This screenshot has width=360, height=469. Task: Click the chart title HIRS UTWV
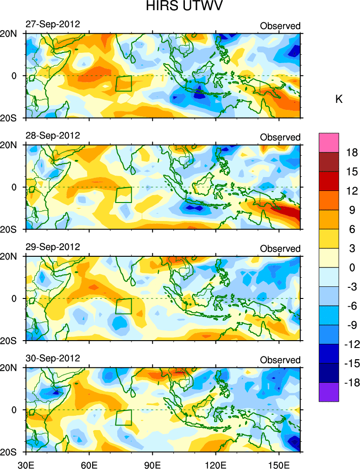pyautogui.click(x=179, y=7)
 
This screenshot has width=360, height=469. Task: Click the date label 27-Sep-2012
pyautogui.click(x=53, y=24)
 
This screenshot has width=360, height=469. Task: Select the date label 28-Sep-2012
pyautogui.click(x=53, y=135)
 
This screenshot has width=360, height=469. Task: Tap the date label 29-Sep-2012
pyautogui.click(x=53, y=247)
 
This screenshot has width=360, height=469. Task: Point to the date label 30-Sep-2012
pyautogui.click(x=53, y=358)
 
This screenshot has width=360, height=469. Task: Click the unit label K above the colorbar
pyautogui.click(x=339, y=99)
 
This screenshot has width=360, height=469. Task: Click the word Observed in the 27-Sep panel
pyautogui.click(x=280, y=26)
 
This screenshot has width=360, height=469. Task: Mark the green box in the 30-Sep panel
pyautogui.click(x=123, y=418)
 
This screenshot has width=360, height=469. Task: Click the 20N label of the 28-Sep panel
pyautogui.click(x=9, y=145)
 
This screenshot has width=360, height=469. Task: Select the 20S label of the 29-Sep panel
pyautogui.click(x=9, y=341)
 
